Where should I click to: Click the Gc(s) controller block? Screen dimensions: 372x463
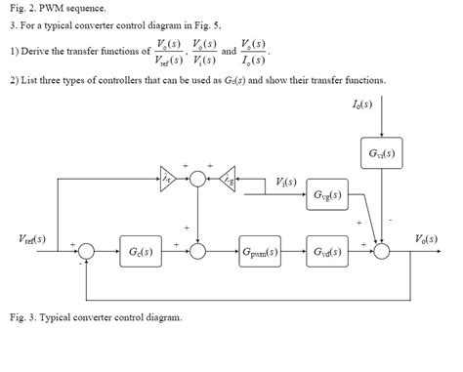139,251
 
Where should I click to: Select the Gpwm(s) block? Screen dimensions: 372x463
260,251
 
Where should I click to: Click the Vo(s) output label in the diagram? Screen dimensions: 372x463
427,238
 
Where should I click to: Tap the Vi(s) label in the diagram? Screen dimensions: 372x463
285,182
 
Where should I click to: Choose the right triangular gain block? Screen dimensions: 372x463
229,176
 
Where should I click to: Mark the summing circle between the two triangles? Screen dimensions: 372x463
198,176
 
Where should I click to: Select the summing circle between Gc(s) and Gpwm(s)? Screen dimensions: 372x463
198,251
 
